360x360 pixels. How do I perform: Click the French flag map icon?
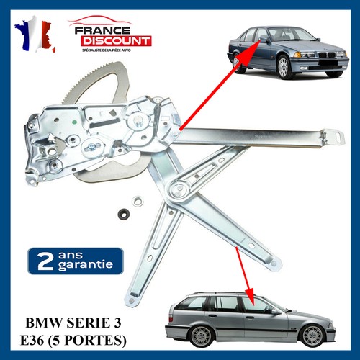[x=35, y=34]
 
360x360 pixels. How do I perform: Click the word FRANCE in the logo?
[x=102, y=30]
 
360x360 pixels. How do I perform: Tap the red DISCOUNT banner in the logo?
[x=116, y=41]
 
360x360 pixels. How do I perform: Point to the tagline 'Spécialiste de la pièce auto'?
[x=107, y=50]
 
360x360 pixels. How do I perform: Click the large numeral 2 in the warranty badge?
[x=45, y=261]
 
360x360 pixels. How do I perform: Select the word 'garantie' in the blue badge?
[x=86, y=265]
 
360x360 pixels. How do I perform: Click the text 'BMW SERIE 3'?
[x=73, y=323]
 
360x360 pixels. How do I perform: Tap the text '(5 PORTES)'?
[x=87, y=340]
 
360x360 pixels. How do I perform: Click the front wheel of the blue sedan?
[x=284, y=67]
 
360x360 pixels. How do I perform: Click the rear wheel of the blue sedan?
[x=237, y=63]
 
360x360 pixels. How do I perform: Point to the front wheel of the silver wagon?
[x=312, y=336]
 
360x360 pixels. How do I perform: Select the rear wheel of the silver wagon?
[x=202, y=337]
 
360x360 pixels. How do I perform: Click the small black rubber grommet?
[x=125, y=213]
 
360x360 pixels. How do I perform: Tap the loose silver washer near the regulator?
[x=138, y=201]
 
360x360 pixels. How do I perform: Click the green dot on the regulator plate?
[x=74, y=122]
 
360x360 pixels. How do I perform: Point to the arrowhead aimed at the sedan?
[x=253, y=48]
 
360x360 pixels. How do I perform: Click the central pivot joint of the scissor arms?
[x=179, y=189]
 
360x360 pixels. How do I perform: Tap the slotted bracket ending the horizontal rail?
[x=333, y=138]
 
